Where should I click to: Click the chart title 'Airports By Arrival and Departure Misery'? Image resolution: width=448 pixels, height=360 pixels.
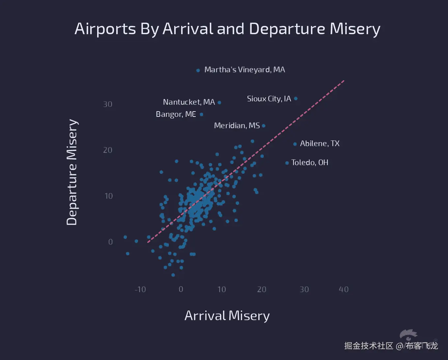[x=227, y=29]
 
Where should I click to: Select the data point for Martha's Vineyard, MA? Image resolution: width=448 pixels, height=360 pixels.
[x=198, y=70]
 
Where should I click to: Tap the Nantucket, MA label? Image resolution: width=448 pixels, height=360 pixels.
[x=189, y=102]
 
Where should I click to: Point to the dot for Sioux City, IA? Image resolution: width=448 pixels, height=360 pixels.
[x=296, y=98]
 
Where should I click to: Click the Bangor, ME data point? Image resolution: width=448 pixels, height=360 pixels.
[x=202, y=115]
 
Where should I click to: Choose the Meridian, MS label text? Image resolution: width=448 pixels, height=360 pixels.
[x=237, y=126]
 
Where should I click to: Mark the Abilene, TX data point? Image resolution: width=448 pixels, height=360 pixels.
[x=295, y=144]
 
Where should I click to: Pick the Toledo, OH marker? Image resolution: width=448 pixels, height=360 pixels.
[x=287, y=163]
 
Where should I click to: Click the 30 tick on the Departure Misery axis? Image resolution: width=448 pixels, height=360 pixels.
[x=108, y=104]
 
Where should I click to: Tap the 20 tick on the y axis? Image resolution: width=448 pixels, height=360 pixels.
[x=108, y=150]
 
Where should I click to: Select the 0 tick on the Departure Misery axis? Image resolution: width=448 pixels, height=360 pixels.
[x=110, y=242]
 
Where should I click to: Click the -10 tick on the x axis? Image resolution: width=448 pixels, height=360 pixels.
[x=140, y=289]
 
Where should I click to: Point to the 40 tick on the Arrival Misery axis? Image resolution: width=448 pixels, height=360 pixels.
[x=344, y=289]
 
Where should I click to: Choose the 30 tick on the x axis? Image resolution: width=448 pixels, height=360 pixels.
[x=304, y=289]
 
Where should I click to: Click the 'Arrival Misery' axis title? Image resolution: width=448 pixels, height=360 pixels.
[x=227, y=316]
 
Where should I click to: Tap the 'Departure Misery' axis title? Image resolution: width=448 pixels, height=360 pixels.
[x=72, y=172]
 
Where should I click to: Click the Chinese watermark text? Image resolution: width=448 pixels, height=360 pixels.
[x=391, y=346]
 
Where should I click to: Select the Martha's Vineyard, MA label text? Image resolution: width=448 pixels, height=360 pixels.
[x=244, y=70]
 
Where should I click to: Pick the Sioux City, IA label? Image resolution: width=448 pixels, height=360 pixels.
[x=269, y=99]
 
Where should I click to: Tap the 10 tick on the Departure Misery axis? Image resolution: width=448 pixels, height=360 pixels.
[x=109, y=196]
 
